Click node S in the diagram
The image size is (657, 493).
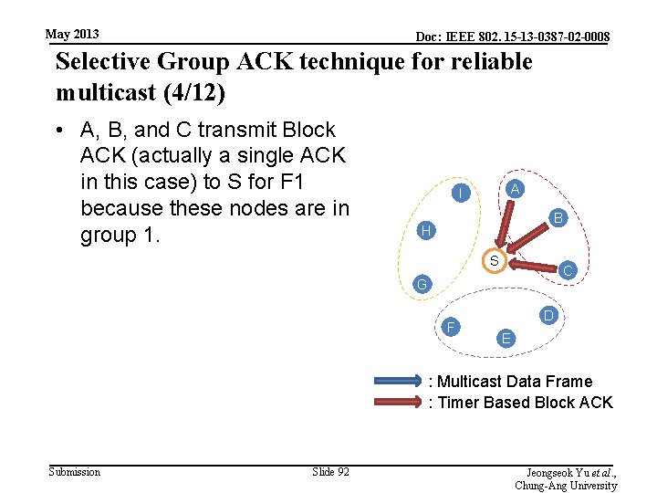coord(494,261)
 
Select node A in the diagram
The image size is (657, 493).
coord(515,189)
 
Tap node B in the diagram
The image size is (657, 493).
coord(558,218)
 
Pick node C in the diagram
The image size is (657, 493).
coord(568,270)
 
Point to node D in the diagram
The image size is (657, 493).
coord(547,316)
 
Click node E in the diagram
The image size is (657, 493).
coord(506,339)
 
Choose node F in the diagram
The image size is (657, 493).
coord(451,327)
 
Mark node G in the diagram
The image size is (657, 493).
coord(421,285)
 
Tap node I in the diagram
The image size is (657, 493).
coord(463,194)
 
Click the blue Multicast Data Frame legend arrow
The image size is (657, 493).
coord(399,382)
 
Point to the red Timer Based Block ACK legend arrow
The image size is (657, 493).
coord(399,403)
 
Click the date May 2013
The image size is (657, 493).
coord(72,35)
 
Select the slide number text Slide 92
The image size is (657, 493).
coord(330,471)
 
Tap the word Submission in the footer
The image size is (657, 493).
coord(74,471)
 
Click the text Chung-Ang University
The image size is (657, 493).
coord(566,486)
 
